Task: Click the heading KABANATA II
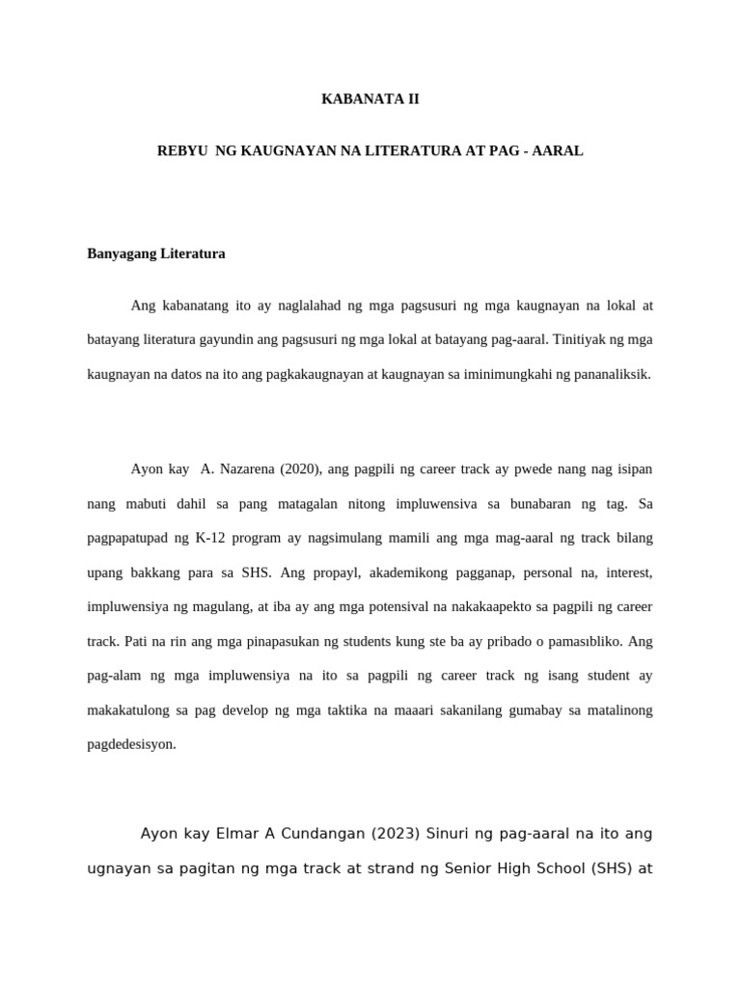click(370, 98)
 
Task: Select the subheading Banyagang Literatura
click(156, 253)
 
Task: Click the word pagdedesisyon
click(132, 744)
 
